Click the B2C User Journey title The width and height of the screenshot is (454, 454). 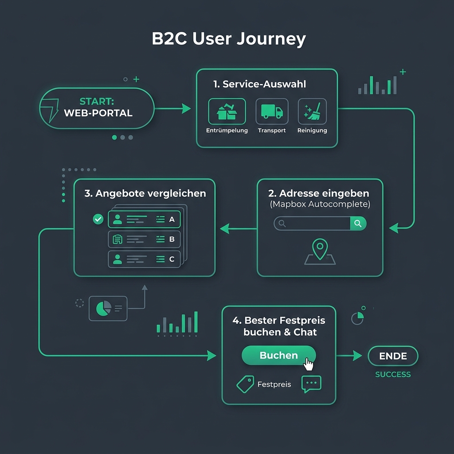pyautogui.click(x=229, y=39)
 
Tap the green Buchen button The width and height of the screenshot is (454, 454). pyautogui.click(x=278, y=355)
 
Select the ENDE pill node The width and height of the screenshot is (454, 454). pyautogui.click(x=393, y=356)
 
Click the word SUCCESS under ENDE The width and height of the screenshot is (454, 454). pyautogui.click(x=393, y=374)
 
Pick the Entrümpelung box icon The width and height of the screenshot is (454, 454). pyautogui.click(x=227, y=111)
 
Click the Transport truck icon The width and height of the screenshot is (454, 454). pyautogui.click(x=272, y=111)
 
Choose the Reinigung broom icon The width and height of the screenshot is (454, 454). pyautogui.click(x=312, y=111)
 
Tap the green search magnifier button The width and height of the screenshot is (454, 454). pyautogui.click(x=358, y=223)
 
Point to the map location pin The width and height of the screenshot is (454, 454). pyautogui.click(x=320, y=248)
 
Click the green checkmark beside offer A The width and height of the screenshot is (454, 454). pyautogui.click(x=98, y=219)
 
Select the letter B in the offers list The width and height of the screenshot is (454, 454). pyautogui.click(x=172, y=239)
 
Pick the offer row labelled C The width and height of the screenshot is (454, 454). pyautogui.click(x=144, y=259)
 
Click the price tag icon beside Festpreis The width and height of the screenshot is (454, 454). pyautogui.click(x=246, y=384)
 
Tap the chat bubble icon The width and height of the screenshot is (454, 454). pyautogui.click(x=311, y=384)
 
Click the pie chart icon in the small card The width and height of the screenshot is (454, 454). pyautogui.click(x=104, y=309)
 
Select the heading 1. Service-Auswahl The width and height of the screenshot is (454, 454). pyautogui.click(x=259, y=84)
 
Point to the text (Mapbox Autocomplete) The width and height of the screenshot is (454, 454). pyautogui.click(x=320, y=204)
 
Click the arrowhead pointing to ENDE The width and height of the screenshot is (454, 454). pyautogui.click(x=358, y=356)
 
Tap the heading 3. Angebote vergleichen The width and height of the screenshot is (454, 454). pyautogui.click(x=145, y=193)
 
